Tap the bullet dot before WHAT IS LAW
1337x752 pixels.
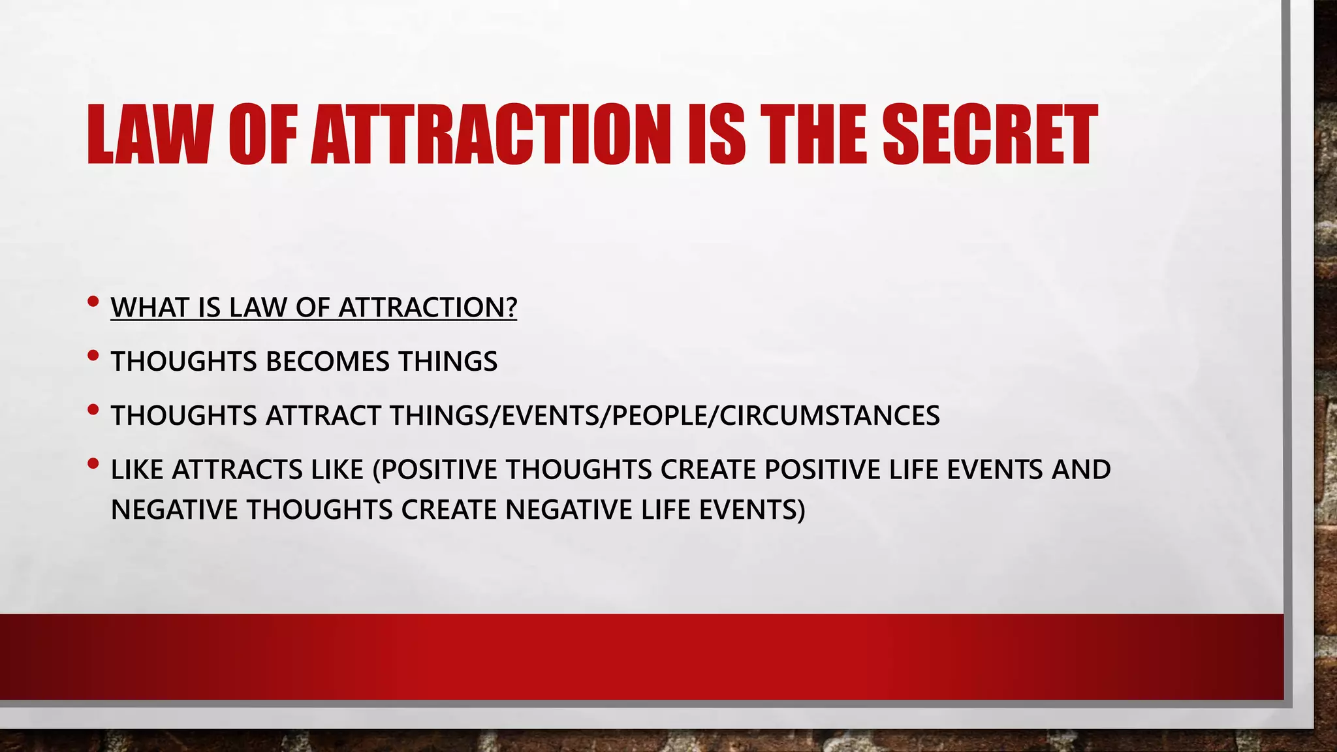93,302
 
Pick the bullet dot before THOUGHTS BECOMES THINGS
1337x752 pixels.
93,356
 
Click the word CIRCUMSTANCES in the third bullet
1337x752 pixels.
830,416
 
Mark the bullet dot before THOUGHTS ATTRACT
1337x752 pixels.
93,410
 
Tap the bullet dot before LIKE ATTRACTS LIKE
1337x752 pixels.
93,464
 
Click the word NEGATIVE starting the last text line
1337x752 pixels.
174,510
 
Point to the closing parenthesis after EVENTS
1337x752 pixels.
801,510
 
